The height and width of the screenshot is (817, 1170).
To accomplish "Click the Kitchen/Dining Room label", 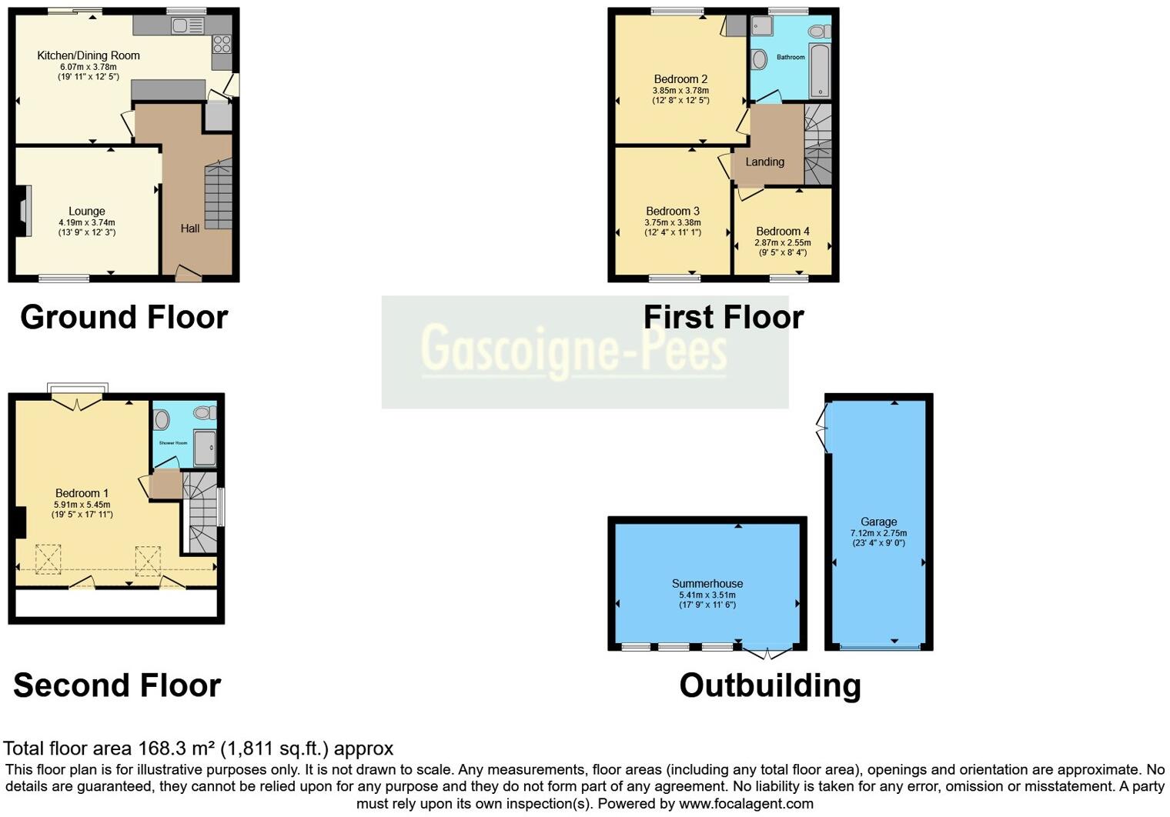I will click(89, 55).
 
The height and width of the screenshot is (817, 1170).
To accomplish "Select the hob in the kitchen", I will click(222, 44).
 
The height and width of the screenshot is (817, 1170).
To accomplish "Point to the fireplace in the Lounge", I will click(24, 212).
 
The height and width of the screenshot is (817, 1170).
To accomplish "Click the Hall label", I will click(190, 228).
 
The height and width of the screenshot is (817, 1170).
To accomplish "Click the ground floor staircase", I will click(219, 195).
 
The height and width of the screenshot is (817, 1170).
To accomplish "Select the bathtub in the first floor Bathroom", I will click(820, 72).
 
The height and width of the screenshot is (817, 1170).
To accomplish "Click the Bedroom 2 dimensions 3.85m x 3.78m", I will click(680, 90).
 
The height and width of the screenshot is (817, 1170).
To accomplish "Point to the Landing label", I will click(764, 162).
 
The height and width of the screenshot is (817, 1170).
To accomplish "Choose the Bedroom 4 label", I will click(783, 231).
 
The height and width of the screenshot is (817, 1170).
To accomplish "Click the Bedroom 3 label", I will click(673, 211).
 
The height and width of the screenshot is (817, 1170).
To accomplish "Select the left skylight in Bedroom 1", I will click(48, 559).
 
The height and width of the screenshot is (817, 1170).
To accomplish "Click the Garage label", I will click(878, 522).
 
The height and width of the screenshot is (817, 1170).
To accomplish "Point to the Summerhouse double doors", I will click(766, 653).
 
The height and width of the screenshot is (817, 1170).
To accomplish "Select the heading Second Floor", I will click(117, 685).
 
